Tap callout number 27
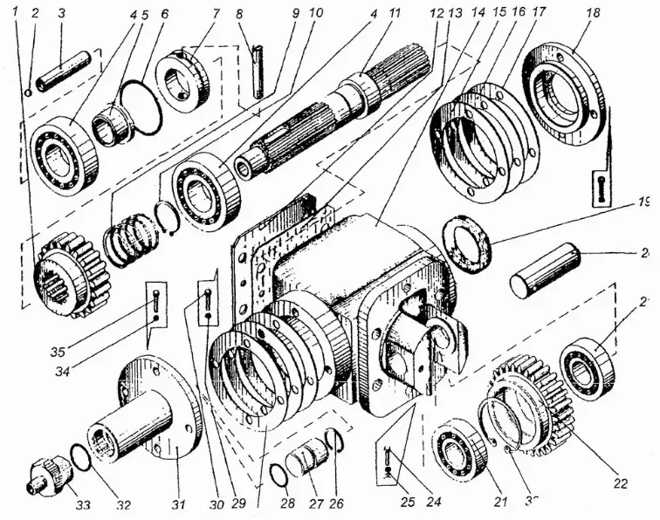coord(310,504)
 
